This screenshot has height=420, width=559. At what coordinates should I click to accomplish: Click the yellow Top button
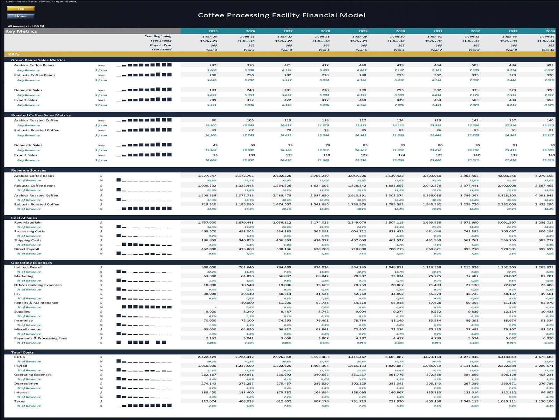tap(21, 9)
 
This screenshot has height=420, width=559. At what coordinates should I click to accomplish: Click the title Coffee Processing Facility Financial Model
tap(281, 15)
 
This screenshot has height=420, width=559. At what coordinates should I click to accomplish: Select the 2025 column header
tap(213, 31)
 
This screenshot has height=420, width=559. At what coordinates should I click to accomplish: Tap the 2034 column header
tap(550, 31)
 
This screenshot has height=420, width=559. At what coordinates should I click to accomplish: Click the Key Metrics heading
tap(21, 31)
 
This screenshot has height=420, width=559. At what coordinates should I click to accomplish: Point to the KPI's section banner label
tap(14, 54)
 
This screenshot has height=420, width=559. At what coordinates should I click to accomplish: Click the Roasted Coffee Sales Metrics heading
tap(41, 115)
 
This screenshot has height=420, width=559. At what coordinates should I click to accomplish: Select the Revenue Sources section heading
tap(29, 170)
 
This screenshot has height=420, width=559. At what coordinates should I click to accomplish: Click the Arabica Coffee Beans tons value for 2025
tap(212, 65)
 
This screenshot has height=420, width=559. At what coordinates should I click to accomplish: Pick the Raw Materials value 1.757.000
tap(207, 223)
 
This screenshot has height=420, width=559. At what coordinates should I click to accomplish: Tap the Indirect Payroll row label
tap(28, 267)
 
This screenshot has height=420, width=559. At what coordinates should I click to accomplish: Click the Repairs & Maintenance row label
tap(36, 303)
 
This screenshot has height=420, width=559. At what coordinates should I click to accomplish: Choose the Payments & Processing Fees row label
tap(41, 338)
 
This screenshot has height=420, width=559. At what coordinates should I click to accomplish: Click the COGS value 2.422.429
tap(207, 357)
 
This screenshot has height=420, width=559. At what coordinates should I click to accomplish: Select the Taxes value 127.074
tap(209, 401)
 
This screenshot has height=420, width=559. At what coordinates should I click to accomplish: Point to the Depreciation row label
tap(26, 384)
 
